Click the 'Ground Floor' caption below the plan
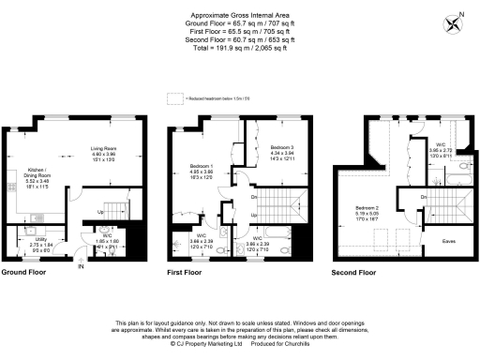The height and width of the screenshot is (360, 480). coord(25,273)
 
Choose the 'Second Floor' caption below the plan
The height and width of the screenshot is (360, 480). coord(356,273)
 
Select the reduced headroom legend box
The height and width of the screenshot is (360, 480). coord(173,97)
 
